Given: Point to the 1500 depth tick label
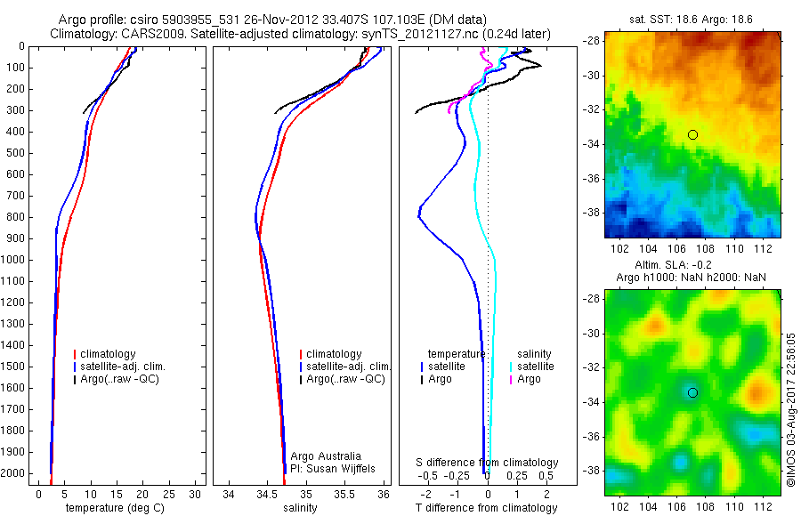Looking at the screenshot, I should (13, 367).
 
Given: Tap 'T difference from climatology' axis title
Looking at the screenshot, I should (488, 508).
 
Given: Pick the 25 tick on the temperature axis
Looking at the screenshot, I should (169, 493).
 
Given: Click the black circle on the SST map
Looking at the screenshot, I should (692, 134).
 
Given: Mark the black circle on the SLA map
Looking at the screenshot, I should (692, 392).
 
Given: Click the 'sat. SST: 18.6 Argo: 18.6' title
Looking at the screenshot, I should (692, 18).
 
